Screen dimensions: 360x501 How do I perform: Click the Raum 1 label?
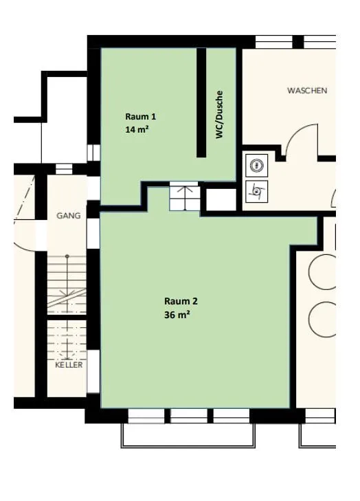pyautogui.click(x=141, y=117)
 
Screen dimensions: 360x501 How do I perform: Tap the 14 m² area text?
pyautogui.click(x=137, y=130)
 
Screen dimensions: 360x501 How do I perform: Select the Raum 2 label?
pyautogui.click(x=181, y=301)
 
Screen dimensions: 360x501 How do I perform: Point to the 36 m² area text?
pyautogui.click(x=177, y=315)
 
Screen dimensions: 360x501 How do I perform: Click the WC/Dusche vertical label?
pyautogui.click(x=219, y=115)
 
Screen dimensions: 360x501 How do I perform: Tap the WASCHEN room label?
pyautogui.click(x=307, y=91)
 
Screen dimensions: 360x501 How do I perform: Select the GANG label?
pyautogui.click(x=68, y=216)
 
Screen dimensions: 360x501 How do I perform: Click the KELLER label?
pyautogui.click(x=69, y=365)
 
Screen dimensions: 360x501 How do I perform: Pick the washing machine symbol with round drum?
pyautogui.click(x=257, y=165)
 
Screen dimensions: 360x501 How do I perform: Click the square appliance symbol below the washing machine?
pyautogui.click(x=257, y=191)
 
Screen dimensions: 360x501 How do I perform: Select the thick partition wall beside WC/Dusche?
pyautogui.click(x=201, y=102)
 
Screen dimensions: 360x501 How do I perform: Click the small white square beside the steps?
pyautogui.click(x=221, y=199)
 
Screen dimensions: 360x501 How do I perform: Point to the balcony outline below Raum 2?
pyautogui.click(x=188, y=446)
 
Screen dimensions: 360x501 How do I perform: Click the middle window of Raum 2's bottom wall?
pyautogui.click(x=188, y=416)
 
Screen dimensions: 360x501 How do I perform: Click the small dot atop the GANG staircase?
pyautogui.click(x=67, y=256)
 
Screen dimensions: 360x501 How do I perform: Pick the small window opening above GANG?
pyautogui.click(x=64, y=169)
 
